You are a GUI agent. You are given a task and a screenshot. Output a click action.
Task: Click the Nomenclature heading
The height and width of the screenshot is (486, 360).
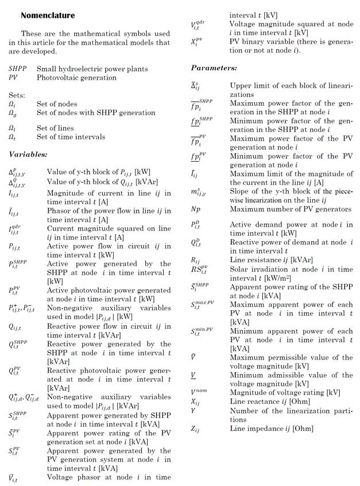pyautogui.click(x=47, y=15)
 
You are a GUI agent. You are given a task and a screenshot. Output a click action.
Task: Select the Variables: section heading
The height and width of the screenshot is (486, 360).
pyautogui.click(x=28, y=154)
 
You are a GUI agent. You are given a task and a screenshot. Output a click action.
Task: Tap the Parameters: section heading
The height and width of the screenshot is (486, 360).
pyautogui.click(x=214, y=68)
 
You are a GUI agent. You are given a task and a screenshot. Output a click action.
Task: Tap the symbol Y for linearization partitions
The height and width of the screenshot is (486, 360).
pyautogui.click(x=193, y=411)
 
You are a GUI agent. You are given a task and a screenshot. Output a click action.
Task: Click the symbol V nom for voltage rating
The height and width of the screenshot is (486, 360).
pyautogui.click(x=198, y=393)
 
